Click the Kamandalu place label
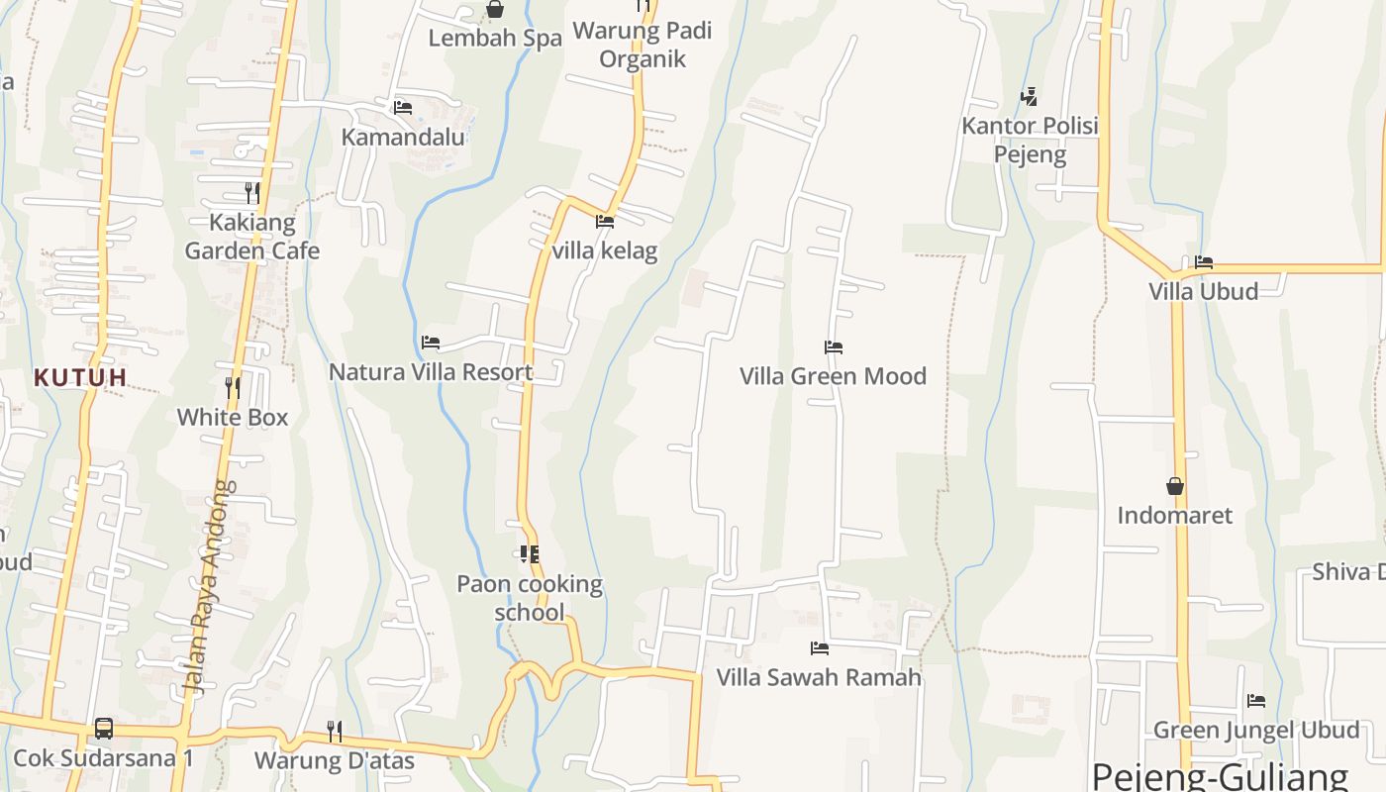tap(403, 137)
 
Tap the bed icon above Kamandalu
tap(402, 107)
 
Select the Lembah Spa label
tap(495, 39)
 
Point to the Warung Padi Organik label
tap(643, 45)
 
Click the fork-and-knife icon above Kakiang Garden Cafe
tap(252, 192)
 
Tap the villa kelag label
tap(604, 250)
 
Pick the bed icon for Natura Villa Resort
tap(430, 343)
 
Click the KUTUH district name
tap(81, 377)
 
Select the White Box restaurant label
tap(233, 418)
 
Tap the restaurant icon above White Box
tap(233, 387)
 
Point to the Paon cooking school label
tap(530, 598)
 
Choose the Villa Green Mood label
tap(834, 376)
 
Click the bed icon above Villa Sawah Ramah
tap(820, 648)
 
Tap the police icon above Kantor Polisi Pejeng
tap(1030, 96)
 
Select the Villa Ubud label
tap(1204, 291)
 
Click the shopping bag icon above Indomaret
tap(1175, 486)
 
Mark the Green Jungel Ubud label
tap(1256, 731)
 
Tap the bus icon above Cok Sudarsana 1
tap(104, 729)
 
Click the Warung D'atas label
tap(335, 760)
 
